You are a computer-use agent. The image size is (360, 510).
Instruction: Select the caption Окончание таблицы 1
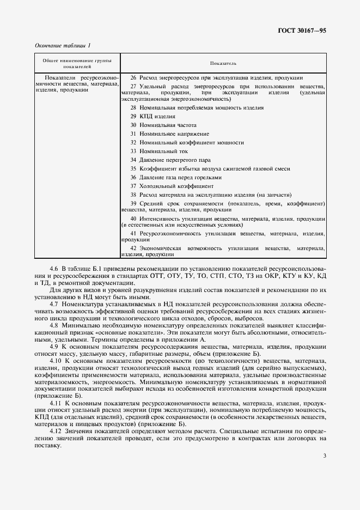point(63,45)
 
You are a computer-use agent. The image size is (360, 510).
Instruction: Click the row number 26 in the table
point(133,78)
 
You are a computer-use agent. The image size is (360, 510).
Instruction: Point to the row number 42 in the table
point(133,248)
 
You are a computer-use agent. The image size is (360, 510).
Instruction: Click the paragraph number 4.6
point(54,269)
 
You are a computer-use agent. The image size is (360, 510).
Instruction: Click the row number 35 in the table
point(133,168)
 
